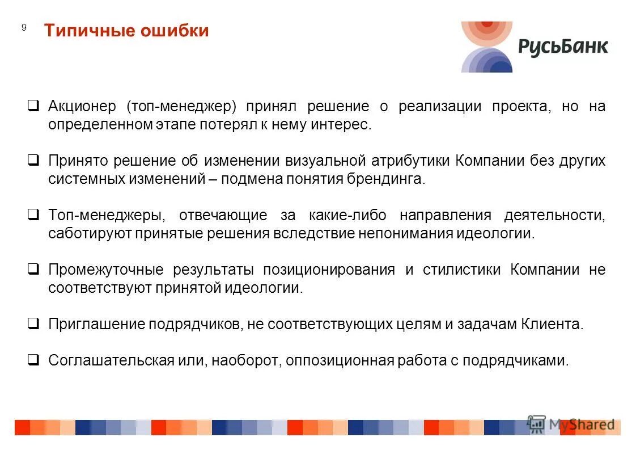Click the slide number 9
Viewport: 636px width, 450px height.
(x=24, y=28)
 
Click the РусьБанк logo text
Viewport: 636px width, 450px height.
(x=562, y=47)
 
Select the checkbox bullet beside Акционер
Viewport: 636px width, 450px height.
(x=33, y=106)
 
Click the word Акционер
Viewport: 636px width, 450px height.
(x=82, y=107)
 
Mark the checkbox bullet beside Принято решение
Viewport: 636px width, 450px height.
(x=33, y=160)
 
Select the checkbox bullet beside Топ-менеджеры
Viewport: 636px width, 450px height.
(x=33, y=215)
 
